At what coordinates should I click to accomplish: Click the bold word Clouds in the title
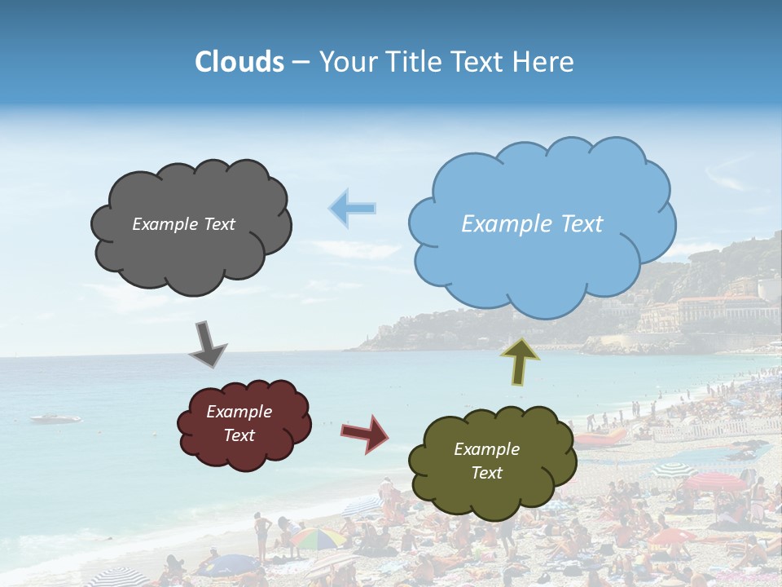[x=239, y=62]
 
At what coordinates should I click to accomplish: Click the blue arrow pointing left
[x=352, y=208]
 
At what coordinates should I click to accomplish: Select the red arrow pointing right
[x=366, y=433]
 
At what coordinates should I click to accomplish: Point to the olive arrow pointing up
[x=520, y=360]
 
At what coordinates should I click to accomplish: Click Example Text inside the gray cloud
[x=183, y=224]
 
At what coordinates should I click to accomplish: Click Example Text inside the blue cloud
[x=532, y=224]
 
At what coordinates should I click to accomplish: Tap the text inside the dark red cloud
[x=239, y=423]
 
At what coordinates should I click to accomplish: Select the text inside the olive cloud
[x=486, y=461]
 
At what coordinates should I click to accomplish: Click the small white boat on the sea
[x=55, y=419]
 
